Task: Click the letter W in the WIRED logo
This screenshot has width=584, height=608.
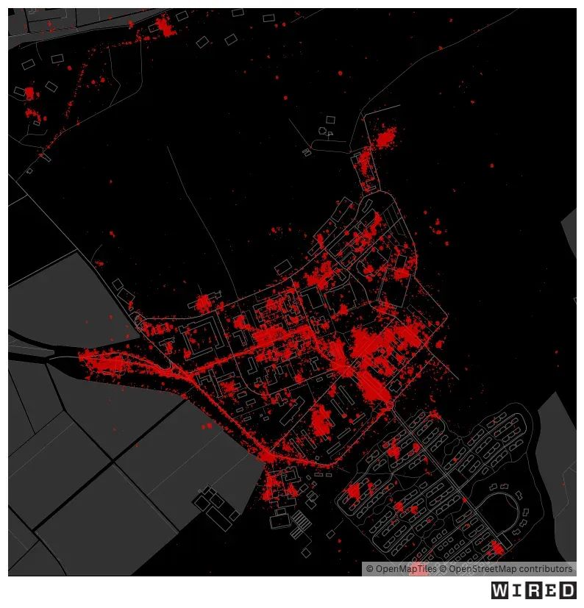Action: tap(500, 590)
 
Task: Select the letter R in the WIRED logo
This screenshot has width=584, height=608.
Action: tap(535, 590)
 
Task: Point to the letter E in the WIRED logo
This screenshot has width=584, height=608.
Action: tap(552, 590)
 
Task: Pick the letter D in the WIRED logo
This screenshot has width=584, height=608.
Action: tap(569, 590)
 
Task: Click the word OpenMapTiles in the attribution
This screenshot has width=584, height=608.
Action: tap(406, 569)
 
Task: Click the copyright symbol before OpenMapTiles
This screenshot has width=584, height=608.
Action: tap(369, 569)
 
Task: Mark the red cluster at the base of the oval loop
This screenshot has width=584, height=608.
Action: tap(497, 548)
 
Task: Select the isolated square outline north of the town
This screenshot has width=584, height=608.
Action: tap(330, 119)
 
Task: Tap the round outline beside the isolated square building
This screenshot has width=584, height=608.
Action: tap(322, 132)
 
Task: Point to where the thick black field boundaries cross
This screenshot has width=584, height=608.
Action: tap(113, 462)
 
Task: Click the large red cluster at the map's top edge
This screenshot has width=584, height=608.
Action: tap(163, 28)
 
